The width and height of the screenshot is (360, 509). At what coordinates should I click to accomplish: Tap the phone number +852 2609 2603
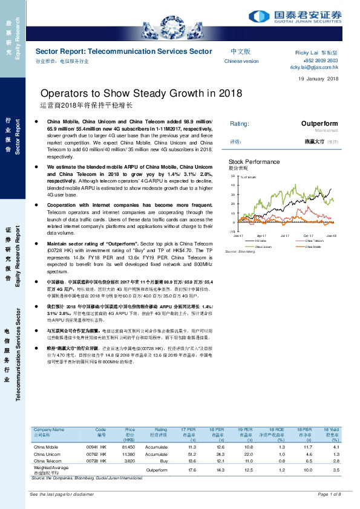coord(320,61)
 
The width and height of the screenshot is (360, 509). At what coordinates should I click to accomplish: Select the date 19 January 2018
coord(319,80)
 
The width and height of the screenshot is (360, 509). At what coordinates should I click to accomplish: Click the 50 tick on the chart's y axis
coord(233,176)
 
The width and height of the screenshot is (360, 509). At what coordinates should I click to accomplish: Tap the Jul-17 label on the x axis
coord(285,236)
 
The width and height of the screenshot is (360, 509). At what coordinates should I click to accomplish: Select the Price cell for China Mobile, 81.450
coord(127,447)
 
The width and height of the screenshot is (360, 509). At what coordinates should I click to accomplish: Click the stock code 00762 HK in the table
coord(97,453)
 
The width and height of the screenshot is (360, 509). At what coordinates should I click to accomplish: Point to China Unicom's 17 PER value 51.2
coord(193,453)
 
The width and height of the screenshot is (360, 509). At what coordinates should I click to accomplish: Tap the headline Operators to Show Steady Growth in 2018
coord(141,94)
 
